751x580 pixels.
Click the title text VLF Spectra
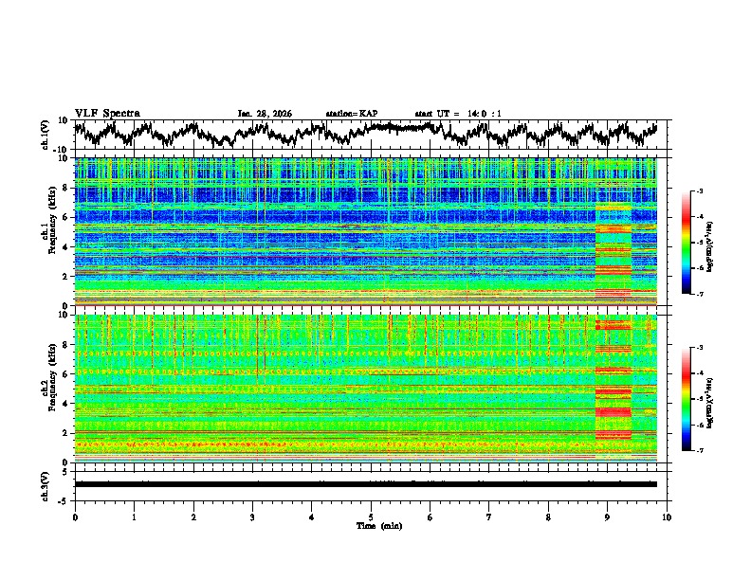click(107, 113)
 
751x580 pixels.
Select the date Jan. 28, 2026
click(265, 114)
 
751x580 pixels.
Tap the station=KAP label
click(351, 114)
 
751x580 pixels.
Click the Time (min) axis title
click(371, 525)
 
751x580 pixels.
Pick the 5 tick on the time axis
click(371, 517)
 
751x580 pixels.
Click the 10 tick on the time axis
click(667, 517)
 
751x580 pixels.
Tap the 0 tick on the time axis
click(75, 517)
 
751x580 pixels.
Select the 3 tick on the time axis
click(252, 517)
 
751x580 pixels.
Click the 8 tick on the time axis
click(548, 517)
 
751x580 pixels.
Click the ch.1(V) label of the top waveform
click(46, 136)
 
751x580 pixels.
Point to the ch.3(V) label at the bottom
click(46, 483)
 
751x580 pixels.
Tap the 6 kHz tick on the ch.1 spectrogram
click(66, 217)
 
